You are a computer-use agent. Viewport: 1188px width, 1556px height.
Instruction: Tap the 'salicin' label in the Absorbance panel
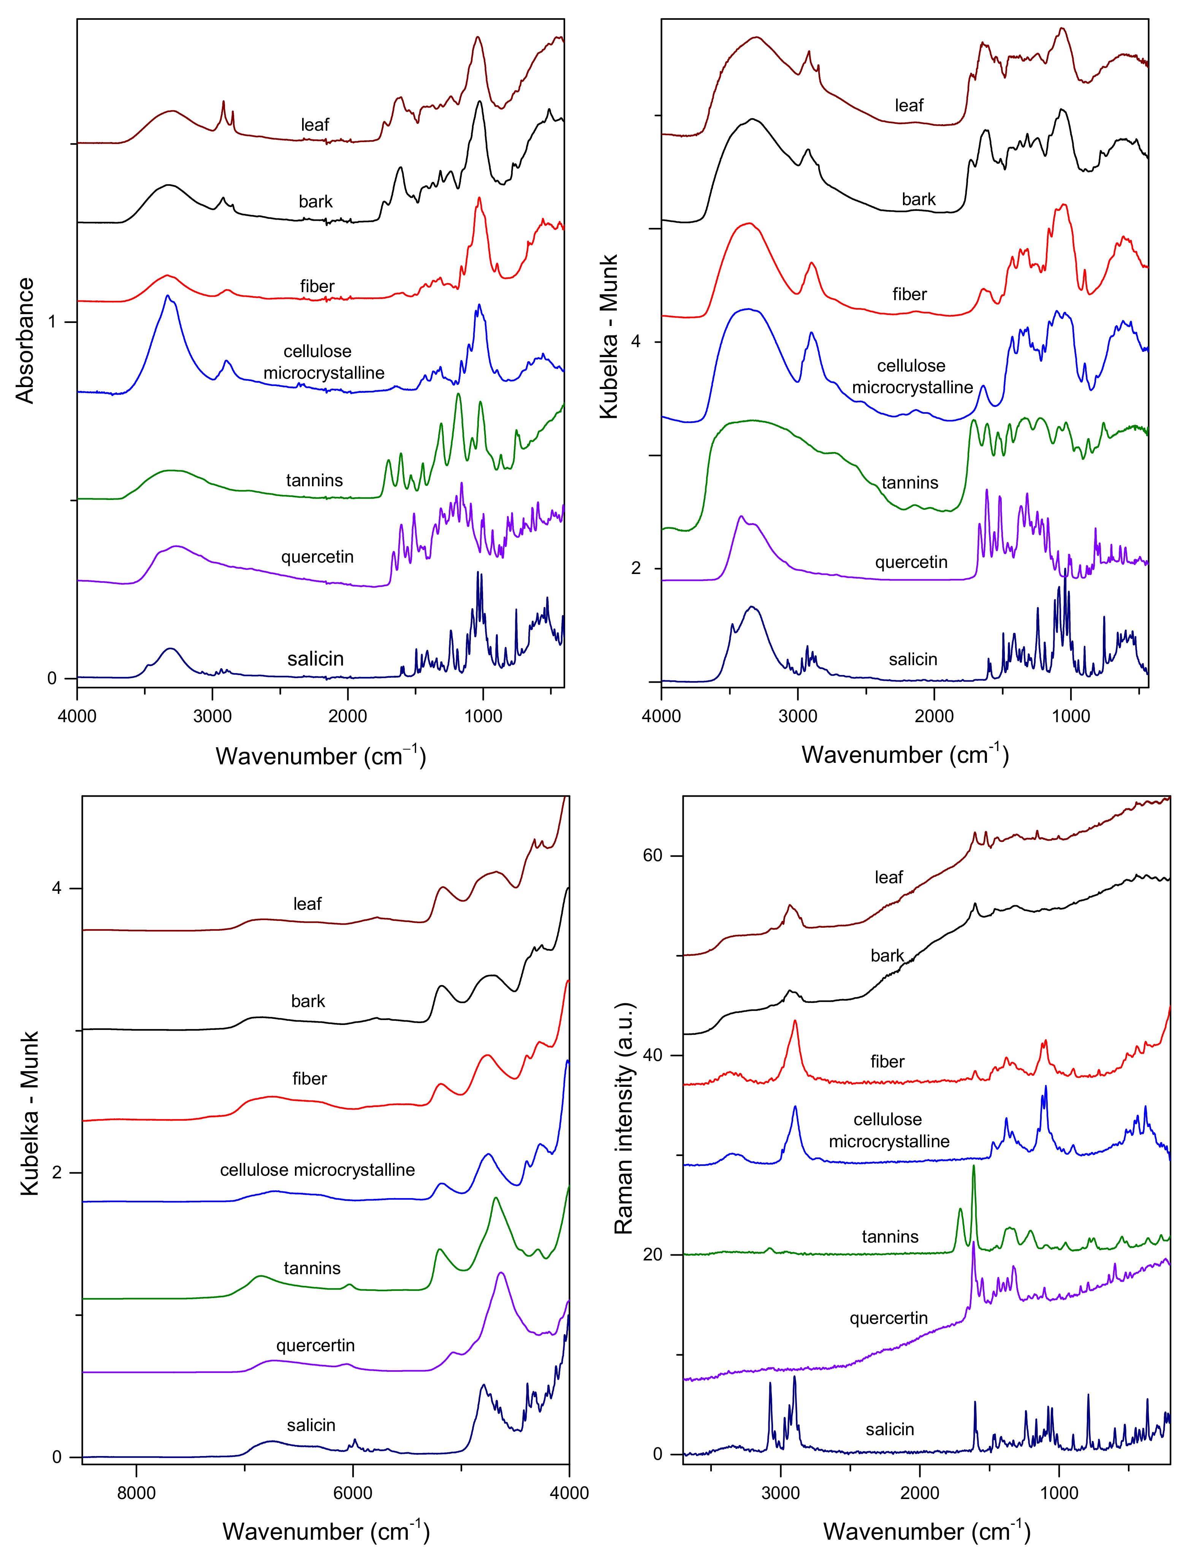(315, 659)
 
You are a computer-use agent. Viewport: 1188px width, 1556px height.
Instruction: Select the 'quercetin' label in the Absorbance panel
(317, 557)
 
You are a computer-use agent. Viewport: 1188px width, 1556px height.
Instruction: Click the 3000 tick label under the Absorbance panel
(212, 716)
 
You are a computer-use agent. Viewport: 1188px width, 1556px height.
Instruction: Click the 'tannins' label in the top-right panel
(909, 483)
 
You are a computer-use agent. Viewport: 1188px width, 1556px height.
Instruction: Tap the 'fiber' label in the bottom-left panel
(310, 1079)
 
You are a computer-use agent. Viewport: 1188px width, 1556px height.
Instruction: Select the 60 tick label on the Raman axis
(652, 855)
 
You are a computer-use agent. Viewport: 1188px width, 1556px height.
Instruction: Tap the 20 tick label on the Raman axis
(652, 1254)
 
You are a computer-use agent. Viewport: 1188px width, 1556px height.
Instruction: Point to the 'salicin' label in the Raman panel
(890, 1429)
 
